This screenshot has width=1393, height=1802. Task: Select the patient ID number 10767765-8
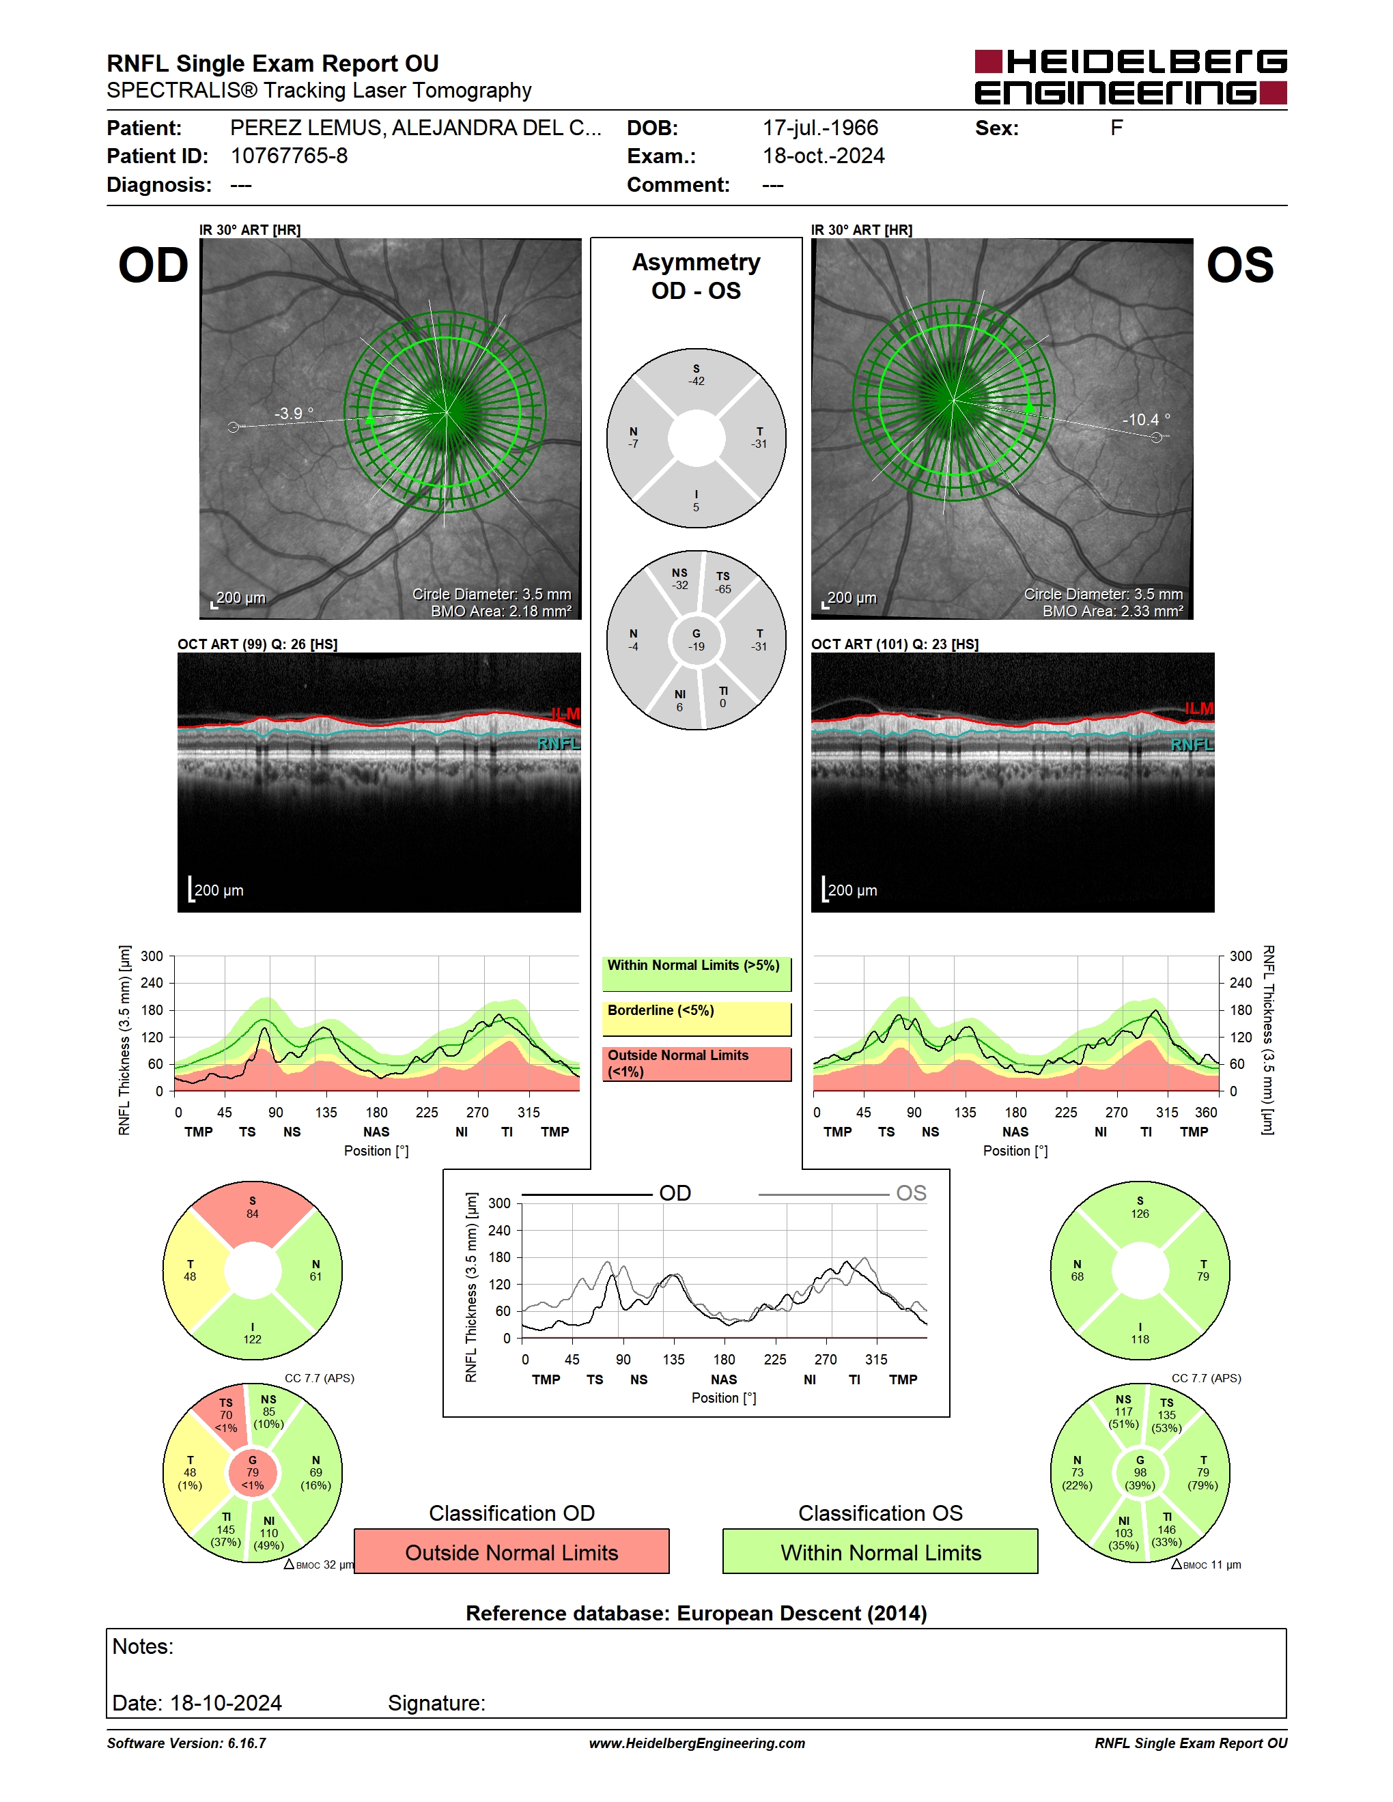[x=289, y=156]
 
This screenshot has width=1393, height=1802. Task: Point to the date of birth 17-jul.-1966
[x=820, y=128]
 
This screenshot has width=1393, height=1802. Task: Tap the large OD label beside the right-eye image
[x=154, y=266]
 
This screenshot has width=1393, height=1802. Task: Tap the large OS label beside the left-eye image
[x=1239, y=266]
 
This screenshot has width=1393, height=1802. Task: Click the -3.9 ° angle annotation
[x=294, y=414]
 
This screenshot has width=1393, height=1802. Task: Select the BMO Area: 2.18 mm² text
[x=501, y=612]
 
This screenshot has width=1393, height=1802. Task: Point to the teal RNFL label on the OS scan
[x=1192, y=745]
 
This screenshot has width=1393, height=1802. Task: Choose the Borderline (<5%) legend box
[x=696, y=1019]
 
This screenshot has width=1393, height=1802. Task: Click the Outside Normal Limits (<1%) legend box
[x=696, y=1063]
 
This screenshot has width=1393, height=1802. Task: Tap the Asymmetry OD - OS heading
[x=696, y=276]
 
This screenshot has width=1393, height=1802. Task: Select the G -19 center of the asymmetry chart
[x=696, y=640]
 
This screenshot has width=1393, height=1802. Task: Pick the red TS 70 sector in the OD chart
[x=223, y=1416]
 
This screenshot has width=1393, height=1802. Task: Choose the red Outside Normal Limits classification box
[x=511, y=1551]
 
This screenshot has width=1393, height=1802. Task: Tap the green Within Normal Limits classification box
[x=881, y=1551]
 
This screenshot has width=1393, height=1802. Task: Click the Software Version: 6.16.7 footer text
[x=186, y=1743]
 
